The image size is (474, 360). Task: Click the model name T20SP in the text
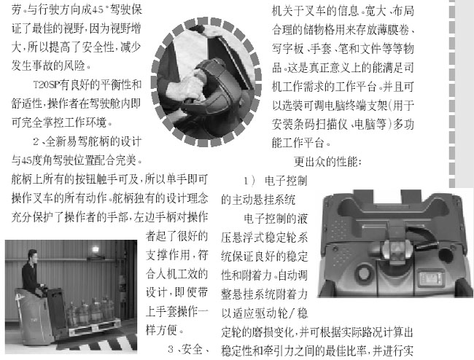tap(45, 85)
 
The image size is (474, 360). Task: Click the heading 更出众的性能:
tap(327, 162)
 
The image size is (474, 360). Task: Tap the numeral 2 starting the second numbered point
tap(36, 141)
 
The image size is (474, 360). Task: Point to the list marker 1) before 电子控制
tap(249, 181)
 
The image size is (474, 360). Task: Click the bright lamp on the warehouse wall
tap(96, 250)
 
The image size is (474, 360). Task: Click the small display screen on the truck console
tap(430, 278)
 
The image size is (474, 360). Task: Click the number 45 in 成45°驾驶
tap(98, 10)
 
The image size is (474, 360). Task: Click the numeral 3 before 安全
tap(171, 349)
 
